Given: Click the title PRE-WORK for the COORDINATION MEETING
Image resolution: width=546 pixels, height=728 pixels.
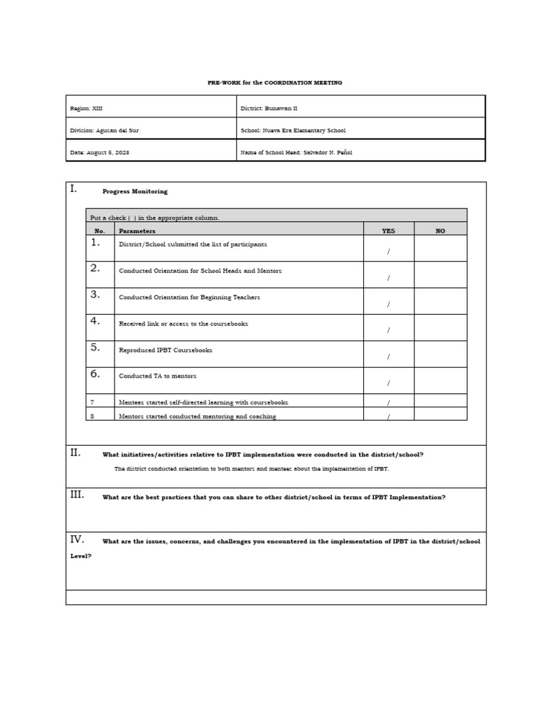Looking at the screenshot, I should pos(274,82).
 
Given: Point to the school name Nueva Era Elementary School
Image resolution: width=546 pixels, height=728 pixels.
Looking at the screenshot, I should pos(306,131).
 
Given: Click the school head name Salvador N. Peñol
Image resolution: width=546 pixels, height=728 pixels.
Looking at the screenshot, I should pos(327,152).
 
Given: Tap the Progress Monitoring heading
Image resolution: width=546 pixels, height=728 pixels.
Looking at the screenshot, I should pos(135,191).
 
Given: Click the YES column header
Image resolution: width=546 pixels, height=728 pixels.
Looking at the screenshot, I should pos(388,231).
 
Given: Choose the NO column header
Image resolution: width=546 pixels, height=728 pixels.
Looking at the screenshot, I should pos(440,231).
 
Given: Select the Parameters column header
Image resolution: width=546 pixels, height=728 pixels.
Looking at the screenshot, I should pos(137,231).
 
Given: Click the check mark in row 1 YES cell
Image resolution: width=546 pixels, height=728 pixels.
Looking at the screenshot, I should pos(388,252).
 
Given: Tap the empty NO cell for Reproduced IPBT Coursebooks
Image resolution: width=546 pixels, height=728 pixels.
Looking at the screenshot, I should pos(440,353).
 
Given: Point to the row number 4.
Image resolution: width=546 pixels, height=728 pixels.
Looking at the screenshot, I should pos(95,321).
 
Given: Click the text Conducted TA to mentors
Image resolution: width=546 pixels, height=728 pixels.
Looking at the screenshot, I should pos(158,376).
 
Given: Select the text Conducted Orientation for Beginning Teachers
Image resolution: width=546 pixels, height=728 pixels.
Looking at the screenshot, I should pos(189,297).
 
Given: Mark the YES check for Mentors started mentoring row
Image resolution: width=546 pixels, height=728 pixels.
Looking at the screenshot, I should pos(388,417).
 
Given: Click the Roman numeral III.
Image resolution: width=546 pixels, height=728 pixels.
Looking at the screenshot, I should pos(77,495).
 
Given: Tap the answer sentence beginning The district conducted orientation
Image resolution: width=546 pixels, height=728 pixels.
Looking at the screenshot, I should pos(252,469).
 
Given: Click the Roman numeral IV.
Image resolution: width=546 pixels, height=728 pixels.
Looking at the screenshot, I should pos(77,539).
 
